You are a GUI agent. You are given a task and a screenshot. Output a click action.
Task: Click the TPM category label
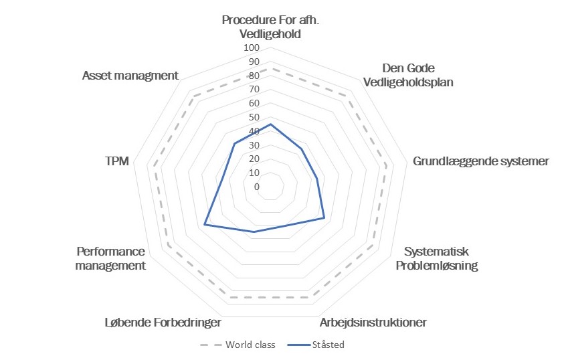(x=117, y=161)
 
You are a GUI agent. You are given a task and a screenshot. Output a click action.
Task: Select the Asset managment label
(x=130, y=76)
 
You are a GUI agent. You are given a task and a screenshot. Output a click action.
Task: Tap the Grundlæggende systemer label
(x=480, y=161)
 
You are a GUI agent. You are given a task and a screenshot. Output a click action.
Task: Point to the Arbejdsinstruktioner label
(x=373, y=323)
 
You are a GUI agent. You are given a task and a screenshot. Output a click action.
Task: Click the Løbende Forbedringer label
(x=163, y=323)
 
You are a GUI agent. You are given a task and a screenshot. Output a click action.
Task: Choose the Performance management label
(x=110, y=258)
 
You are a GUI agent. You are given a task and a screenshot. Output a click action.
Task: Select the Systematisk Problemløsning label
(x=436, y=258)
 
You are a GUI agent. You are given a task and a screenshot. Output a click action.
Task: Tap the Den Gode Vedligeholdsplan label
(x=408, y=75)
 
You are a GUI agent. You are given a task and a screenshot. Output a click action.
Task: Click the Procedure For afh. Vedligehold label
(x=270, y=27)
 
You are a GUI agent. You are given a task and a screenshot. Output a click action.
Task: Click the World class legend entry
(x=238, y=345)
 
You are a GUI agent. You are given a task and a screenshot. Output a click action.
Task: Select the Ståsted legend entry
(x=316, y=345)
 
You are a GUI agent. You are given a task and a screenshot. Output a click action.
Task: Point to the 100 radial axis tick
(x=252, y=48)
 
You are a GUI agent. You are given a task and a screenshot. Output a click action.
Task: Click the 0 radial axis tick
(x=257, y=187)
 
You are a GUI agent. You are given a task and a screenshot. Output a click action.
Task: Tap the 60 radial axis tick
(x=254, y=103)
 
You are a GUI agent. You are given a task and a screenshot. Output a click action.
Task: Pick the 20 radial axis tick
(x=254, y=159)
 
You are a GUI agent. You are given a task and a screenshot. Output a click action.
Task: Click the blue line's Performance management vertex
(x=204, y=224)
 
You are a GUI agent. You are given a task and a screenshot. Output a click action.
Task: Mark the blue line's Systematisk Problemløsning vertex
(x=324, y=217)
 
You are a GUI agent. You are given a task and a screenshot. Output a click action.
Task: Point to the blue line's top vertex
(x=270, y=124)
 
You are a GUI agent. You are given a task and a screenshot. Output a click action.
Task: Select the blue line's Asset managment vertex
(x=234, y=143)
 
